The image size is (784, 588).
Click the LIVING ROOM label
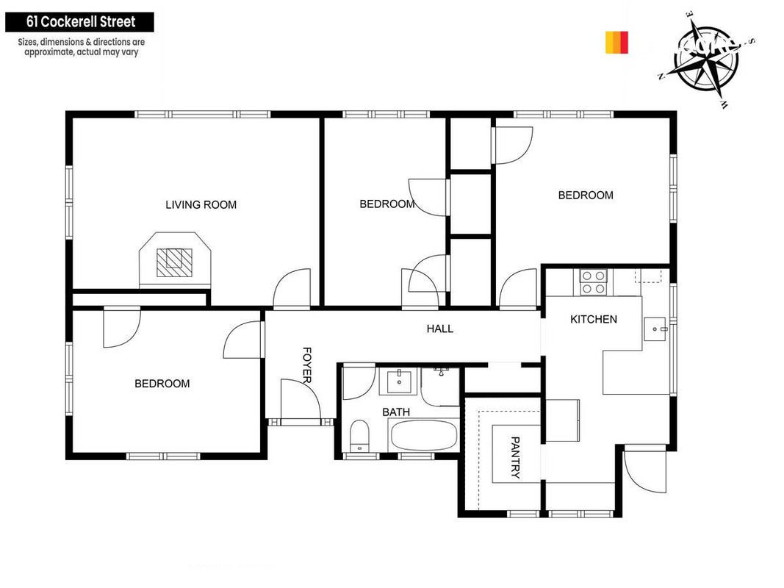(x=201, y=204)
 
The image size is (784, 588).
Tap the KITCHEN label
(x=594, y=319)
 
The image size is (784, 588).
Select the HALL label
(x=440, y=329)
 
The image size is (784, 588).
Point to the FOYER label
(x=307, y=365)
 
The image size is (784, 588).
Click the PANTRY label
(x=515, y=457)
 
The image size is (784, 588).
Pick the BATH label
(x=396, y=412)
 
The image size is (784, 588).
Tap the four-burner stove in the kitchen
(x=594, y=282)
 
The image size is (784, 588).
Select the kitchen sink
(x=655, y=329)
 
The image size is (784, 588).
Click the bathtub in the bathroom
(x=423, y=435)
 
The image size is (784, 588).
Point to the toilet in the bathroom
(x=359, y=436)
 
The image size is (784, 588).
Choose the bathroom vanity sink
(x=399, y=382)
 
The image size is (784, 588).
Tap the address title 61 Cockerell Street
(x=81, y=22)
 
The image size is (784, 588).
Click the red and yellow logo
(x=616, y=43)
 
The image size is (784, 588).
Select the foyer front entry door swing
(x=301, y=400)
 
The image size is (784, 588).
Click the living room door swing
(x=292, y=287)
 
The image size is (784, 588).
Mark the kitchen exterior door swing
(x=646, y=469)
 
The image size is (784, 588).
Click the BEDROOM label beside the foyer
(x=162, y=384)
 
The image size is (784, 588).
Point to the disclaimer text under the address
(x=81, y=47)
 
